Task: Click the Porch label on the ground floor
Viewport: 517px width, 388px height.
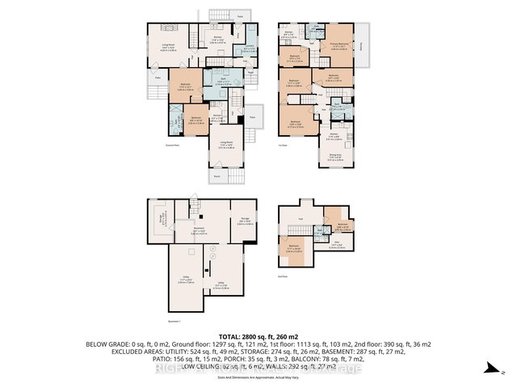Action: [x=216, y=176]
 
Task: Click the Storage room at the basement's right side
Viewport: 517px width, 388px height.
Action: [x=244, y=216]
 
